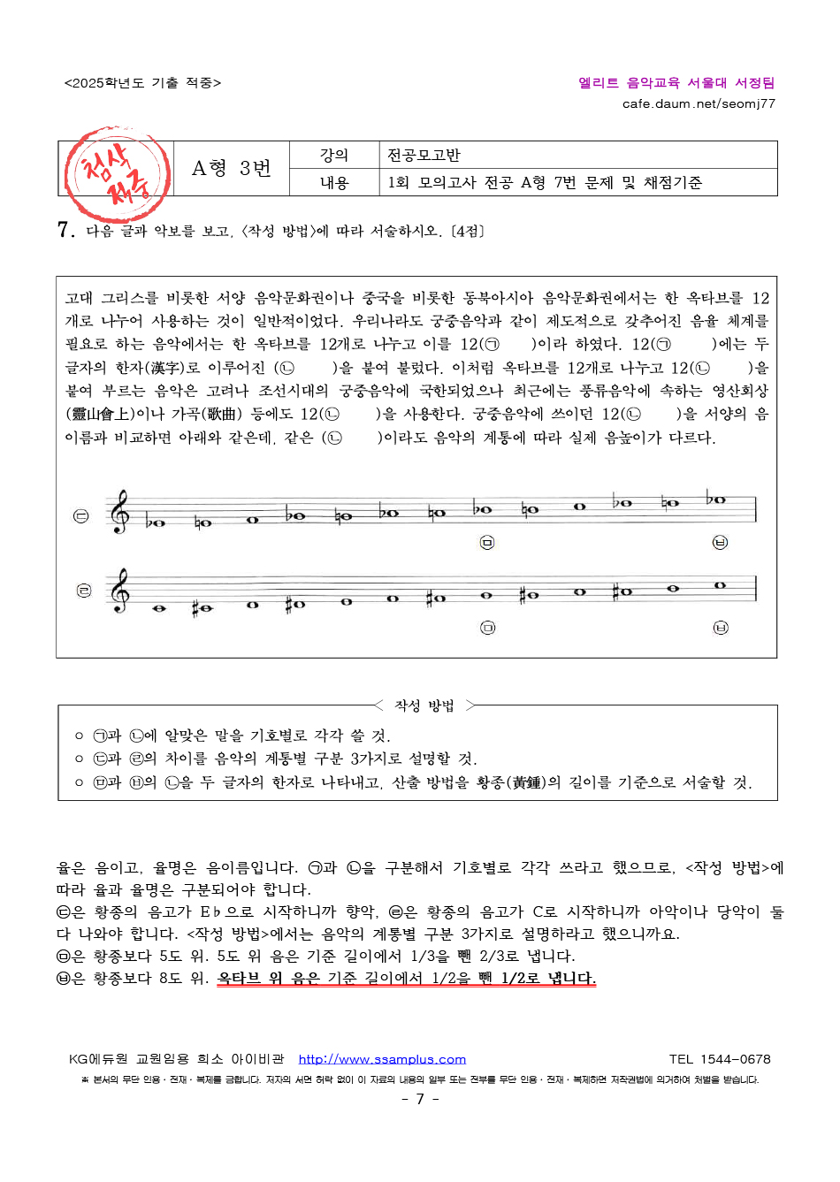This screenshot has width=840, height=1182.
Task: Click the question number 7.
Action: click(65, 231)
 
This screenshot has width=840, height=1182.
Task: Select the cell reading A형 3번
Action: click(232, 169)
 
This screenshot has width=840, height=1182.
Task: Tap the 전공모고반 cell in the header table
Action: click(424, 156)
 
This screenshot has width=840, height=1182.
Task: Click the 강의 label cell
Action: click(334, 156)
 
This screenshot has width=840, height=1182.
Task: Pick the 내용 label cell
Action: click(334, 183)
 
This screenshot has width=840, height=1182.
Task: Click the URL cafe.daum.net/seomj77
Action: click(699, 103)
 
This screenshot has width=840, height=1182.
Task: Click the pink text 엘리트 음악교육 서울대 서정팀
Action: click(676, 82)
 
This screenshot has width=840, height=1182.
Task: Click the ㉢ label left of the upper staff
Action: click(80, 516)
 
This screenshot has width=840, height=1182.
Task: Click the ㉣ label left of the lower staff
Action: click(83, 591)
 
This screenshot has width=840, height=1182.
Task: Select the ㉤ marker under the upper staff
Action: click(487, 542)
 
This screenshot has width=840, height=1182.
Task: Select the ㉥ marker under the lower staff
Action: click(721, 628)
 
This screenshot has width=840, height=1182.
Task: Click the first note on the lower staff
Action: click(160, 607)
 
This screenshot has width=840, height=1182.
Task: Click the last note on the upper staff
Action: click(717, 499)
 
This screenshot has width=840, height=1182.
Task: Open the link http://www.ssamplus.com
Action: click(382, 1059)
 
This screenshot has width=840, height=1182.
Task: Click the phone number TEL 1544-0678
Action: click(720, 1059)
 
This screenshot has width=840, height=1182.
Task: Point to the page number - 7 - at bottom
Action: click(420, 1099)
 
